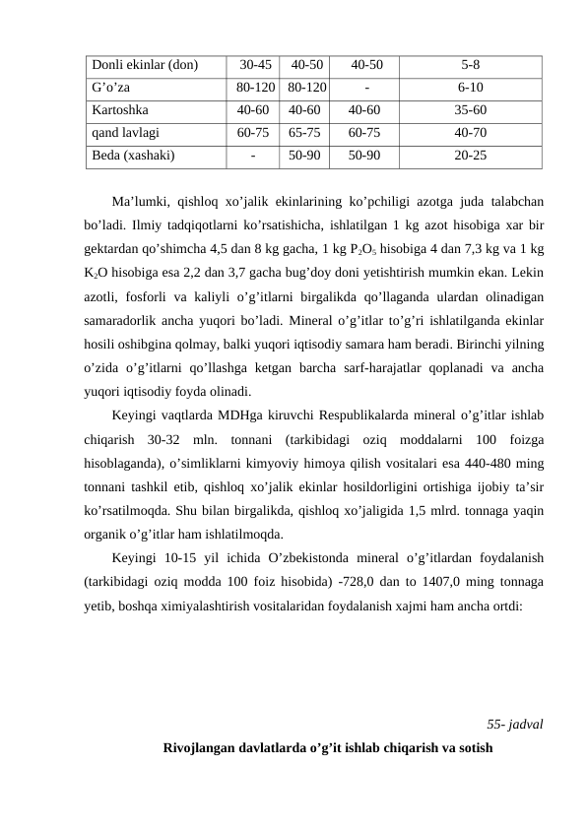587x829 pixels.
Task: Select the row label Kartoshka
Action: coord(121,110)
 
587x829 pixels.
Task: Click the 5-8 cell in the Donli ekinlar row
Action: coord(471,66)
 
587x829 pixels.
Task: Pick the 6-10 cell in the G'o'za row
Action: coord(471,89)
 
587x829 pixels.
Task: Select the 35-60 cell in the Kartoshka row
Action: coord(471,110)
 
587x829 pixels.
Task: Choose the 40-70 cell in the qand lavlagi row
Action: coord(471,132)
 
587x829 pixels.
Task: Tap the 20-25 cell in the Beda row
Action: coord(471,155)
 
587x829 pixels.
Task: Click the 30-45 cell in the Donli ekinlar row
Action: coord(256,66)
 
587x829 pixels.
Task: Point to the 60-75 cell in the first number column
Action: coord(254,132)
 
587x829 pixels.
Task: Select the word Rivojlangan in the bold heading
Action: coord(201,746)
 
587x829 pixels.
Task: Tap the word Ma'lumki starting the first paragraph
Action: coord(138,203)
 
